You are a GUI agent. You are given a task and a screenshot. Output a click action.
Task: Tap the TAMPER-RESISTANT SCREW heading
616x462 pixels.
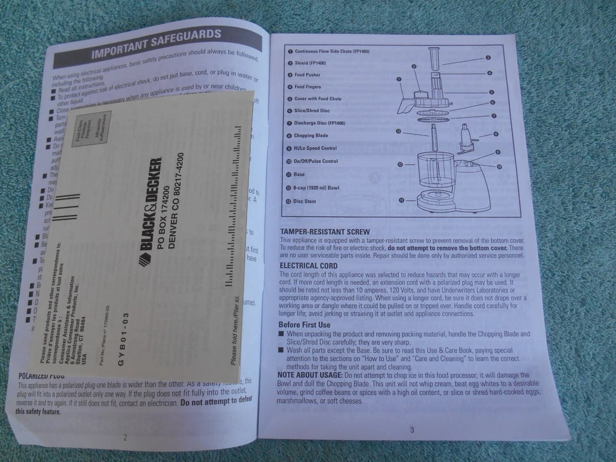tap(325, 232)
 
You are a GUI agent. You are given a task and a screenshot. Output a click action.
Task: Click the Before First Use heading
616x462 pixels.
tap(305, 325)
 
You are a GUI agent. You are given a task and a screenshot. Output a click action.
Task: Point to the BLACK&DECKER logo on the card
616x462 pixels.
tap(150, 212)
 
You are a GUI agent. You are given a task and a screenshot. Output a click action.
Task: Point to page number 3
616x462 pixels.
tap(412, 430)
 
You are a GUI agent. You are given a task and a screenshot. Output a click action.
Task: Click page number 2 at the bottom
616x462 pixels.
tap(125, 438)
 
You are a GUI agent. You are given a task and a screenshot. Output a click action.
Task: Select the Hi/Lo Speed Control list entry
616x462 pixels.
tap(315, 148)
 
